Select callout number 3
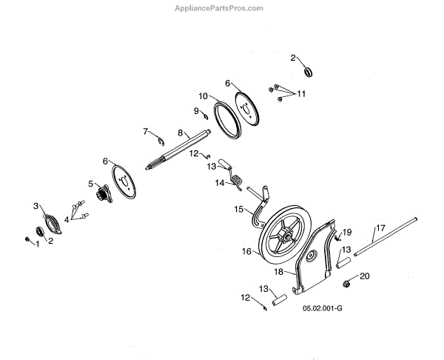click(35, 205)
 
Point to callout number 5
click(90, 184)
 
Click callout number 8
click(179, 133)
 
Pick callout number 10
click(201, 96)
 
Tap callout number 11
click(301, 94)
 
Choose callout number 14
click(220, 182)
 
